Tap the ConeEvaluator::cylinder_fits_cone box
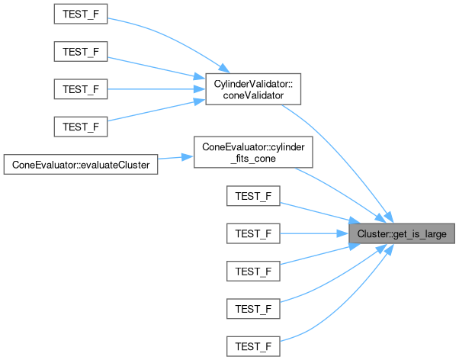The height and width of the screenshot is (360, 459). coord(253,153)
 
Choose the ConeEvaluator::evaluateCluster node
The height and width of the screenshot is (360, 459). coord(81,164)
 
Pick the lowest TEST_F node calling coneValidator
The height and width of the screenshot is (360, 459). coord(81,127)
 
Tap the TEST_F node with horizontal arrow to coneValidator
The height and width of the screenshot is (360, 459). coord(81,90)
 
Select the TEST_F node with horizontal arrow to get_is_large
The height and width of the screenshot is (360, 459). coord(253,233)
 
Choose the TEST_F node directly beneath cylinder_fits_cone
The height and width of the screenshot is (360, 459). coord(253,196)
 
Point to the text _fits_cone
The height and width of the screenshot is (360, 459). coord(253,159)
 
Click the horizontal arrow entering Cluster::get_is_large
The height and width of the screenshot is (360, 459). coord(313,233)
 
